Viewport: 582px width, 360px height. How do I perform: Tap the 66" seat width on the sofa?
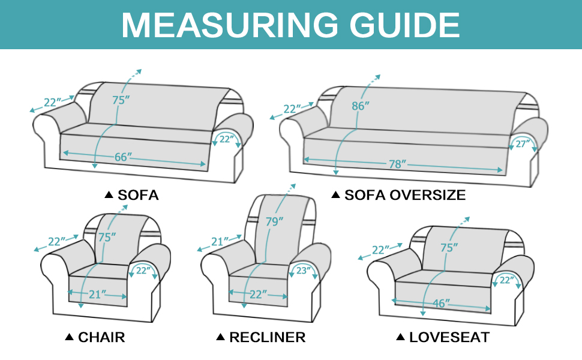click(123, 157)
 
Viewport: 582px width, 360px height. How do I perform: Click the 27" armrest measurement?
click(520, 144)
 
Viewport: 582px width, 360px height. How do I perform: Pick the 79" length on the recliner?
click(274, 222)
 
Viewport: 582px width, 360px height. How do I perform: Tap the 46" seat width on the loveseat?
click(440, 304)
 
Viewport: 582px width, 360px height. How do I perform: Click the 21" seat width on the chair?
click(98, 294)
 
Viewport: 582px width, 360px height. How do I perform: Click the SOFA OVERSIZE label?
click(404, 195)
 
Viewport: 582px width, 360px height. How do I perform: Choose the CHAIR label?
click(101, 337)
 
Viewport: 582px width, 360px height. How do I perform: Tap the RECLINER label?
click(267, 337)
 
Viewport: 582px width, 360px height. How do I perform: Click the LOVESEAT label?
click(449, 337)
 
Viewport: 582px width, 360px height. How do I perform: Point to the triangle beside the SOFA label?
click(109, 195)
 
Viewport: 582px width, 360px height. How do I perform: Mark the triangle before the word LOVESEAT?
click(400, 337)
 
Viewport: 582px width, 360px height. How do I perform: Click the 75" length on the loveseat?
click(449, 247)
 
